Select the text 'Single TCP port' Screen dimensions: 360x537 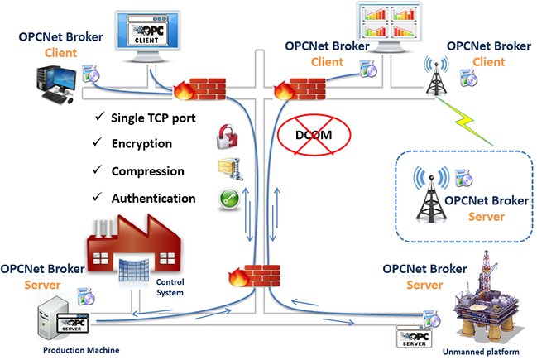(153, 118)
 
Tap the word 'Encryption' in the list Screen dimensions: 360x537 (141, 144)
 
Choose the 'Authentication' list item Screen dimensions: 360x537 (153, 199)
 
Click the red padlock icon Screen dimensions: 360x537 (227, 134)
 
